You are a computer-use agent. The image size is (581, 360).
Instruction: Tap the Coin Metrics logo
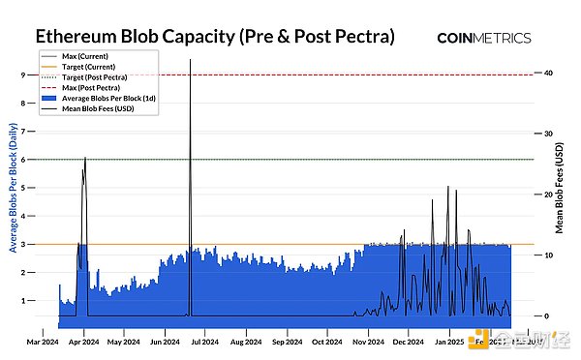484,38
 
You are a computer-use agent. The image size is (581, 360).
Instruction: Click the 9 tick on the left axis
22,75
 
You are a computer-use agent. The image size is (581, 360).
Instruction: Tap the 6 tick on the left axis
22,160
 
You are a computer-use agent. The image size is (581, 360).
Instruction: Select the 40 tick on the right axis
548,75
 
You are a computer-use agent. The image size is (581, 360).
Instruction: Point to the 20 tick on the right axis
548,195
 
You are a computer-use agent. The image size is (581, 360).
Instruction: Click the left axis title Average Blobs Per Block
11,194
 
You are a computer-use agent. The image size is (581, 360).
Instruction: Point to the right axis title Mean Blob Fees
561,190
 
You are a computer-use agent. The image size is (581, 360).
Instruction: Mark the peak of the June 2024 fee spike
190,60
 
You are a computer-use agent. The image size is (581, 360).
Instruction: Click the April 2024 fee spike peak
85,158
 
